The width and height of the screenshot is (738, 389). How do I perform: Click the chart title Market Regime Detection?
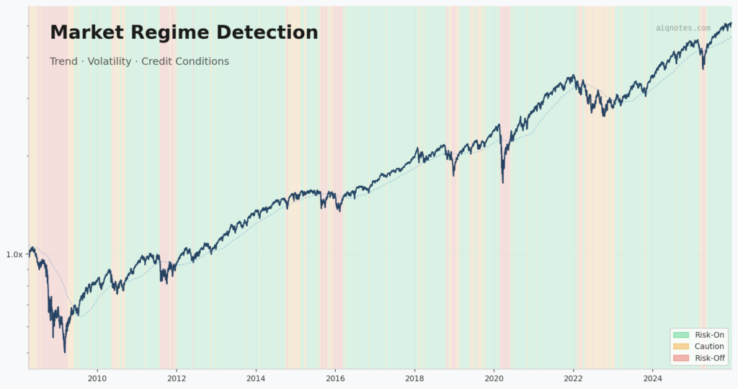coord(184,32)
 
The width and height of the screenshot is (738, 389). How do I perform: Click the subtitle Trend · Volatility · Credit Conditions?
coord(139,61)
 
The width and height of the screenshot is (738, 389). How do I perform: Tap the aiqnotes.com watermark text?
coord(683,28)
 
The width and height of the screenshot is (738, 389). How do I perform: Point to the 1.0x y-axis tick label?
coord(14,254)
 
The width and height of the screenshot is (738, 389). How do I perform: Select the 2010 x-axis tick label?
coord(97,378)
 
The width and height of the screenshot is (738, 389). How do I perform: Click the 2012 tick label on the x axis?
coord(177,378)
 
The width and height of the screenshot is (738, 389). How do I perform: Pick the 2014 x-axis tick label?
coord(256,378)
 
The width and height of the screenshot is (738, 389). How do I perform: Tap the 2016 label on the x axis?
coord(335,378)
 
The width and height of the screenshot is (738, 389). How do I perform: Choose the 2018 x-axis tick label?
coord(414,378)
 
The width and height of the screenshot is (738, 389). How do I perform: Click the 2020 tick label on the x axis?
coord(494,378)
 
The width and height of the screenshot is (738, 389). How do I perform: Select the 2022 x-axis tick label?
coord(573,378)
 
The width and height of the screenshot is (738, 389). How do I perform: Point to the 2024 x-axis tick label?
coord(652,378)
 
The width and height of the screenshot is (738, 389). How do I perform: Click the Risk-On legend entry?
coord(709,335)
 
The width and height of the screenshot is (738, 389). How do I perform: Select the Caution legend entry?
coord(709,346)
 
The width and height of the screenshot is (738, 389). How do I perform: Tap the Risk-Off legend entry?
coord(709,358)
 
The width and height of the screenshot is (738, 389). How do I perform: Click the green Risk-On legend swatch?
coord(680,335)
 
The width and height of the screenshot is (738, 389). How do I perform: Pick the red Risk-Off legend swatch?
coord(680,358)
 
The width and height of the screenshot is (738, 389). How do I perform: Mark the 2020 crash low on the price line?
coord(502,182)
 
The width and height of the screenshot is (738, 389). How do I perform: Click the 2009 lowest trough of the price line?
coord(65,352)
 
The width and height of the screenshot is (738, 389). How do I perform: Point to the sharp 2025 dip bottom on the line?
coord(703,68)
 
